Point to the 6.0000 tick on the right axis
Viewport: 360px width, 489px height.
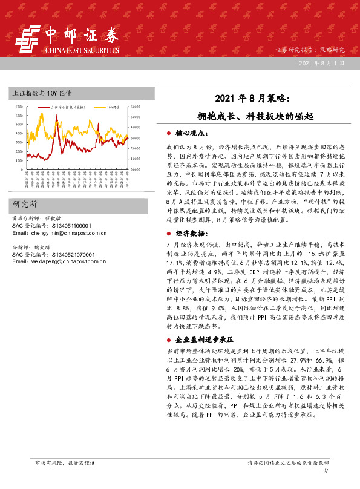(x=135, y=107)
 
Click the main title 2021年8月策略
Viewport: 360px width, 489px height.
(x=246, y=98)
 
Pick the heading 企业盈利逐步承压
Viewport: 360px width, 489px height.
(x=204, y=340)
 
